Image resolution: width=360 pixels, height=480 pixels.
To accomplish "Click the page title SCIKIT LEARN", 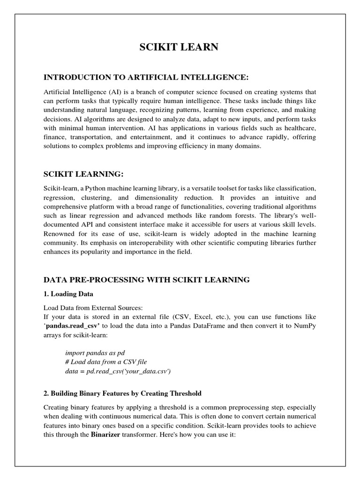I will tap(180, 47).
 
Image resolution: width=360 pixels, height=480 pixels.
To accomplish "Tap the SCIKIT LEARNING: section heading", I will tap(83, 174).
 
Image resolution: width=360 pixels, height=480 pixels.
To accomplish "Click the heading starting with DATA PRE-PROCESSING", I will tap(146, 280).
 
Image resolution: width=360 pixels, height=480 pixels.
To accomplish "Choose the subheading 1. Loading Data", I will tap(68, 294).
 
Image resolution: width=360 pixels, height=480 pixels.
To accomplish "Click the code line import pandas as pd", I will tap(95, 352).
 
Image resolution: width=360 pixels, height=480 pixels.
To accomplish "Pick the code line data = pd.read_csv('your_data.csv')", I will tap(118, 371).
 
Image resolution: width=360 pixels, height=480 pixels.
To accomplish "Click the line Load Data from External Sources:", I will tap(92, 308).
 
